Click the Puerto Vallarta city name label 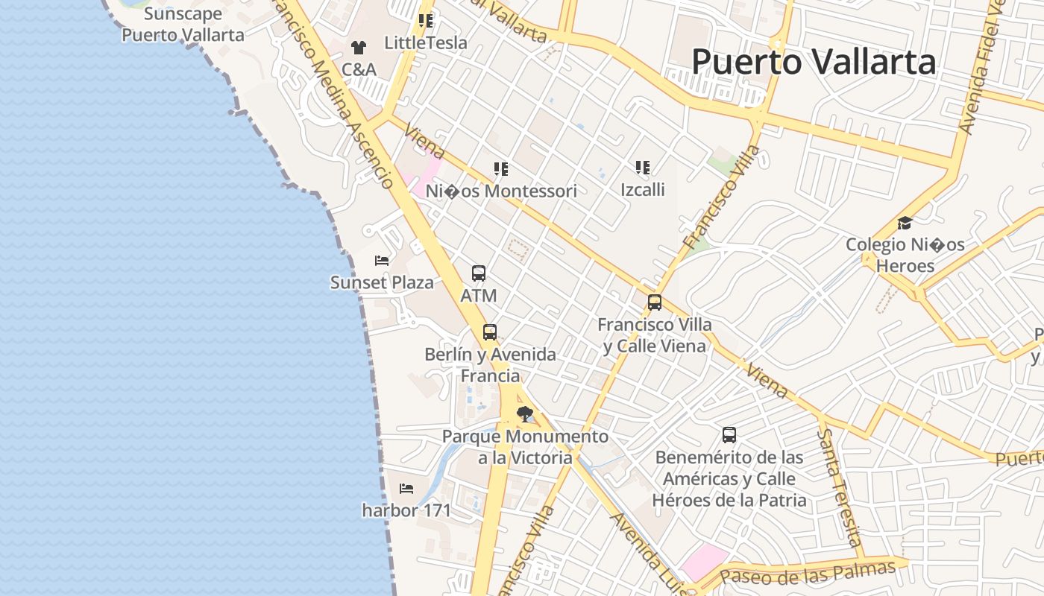tap(814, 62)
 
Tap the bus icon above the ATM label tap(479, 273)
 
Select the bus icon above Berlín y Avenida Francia tap(490, 332)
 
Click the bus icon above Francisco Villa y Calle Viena tap(655, 302)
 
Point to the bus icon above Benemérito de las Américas tap(729, 435)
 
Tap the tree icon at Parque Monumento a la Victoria tap(525, 413)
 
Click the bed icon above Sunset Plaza tap(382, 261)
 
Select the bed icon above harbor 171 tap(406, 489)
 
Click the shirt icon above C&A tap(359, 48)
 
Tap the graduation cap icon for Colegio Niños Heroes tap(905, 223)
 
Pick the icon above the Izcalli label tap(643, 168)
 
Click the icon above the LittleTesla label tap(426, 21)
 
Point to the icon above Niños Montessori tap(501, 169)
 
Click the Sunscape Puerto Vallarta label tap(183, 25)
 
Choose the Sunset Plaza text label tap(382, 282)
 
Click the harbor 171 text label tap(406, 510)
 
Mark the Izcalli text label tap(643, 189)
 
